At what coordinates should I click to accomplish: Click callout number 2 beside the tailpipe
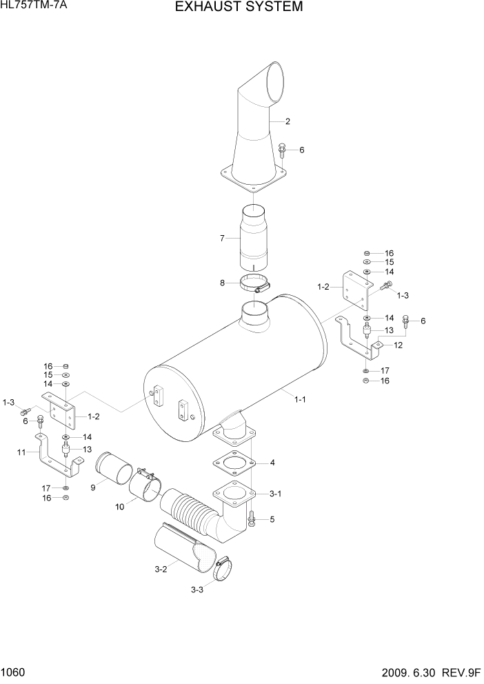point(288,122)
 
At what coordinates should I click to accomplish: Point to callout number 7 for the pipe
point(222,239)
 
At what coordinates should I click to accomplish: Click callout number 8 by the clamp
point(222,283)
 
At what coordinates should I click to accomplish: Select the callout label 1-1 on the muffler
point(301,399)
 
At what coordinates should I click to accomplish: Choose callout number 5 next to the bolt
point(272,519)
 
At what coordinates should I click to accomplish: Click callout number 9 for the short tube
point(93,488)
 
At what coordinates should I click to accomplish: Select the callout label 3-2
point(161,569)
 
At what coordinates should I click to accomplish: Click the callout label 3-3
point(196,590)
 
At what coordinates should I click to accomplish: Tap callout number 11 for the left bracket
point(21,452)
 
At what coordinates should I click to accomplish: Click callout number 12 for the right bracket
point(398,345)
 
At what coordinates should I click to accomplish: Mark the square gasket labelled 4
point(234,463)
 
